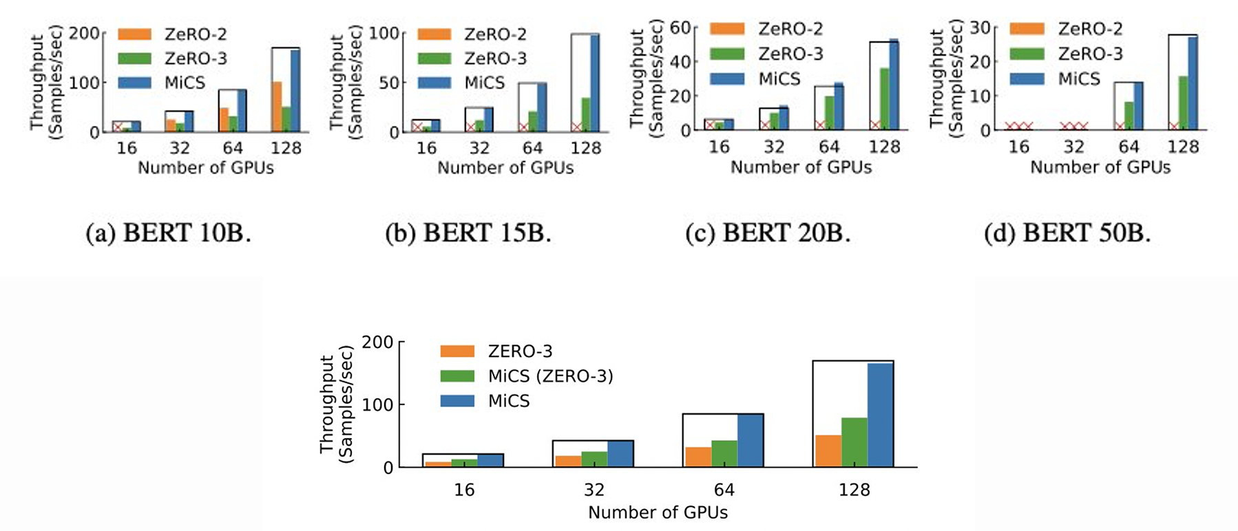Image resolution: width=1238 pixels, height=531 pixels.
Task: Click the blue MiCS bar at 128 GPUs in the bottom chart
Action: click(x=880, y=415)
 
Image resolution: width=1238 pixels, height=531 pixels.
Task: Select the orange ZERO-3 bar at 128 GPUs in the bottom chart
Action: click(x=828, y=451)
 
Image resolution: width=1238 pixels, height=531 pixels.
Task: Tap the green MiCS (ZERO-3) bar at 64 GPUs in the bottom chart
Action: click(x=724, y=454)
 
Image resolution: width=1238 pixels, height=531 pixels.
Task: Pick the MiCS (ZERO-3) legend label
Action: click(x=550, y=376)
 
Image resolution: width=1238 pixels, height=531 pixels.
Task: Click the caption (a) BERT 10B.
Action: click(x=168, y=234)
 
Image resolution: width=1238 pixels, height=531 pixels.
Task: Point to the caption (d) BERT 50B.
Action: click(x=1067, y=234)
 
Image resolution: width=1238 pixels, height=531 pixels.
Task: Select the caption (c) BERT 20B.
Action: click(x=768, y=234)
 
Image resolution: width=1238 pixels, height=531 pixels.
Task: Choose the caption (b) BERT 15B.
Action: click(x=468, y=234)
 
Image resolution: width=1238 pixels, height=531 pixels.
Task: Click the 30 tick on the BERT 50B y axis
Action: click(x=979, y=28)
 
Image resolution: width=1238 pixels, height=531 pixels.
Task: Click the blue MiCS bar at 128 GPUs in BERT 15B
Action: click(x=594, y=83)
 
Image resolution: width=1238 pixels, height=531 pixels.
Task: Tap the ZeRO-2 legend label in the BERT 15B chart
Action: click(x=495, y=34)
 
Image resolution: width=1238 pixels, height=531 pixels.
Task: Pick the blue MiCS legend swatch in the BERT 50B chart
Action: click(x=1027, y=78)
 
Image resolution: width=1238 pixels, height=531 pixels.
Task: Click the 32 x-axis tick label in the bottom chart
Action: click(x=594, y=490)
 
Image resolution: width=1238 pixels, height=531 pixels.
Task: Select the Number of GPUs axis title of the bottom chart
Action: click(x=658, y=512)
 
